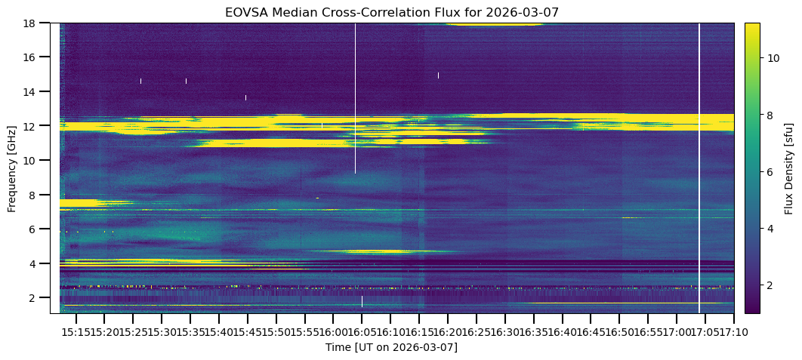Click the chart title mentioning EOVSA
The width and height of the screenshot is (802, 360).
[x=391, y=13]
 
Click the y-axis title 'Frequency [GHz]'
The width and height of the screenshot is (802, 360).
[x=13, y=168]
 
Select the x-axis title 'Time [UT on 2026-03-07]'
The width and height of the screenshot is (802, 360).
[x=391, y=347]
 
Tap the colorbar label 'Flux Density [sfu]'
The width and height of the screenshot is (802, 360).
[x=789, y=168]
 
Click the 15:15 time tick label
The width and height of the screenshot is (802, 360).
[x=76, y=331]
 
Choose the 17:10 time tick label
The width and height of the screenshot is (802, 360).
[x=733, y=331]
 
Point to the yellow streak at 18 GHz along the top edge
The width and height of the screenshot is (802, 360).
[x=495, y=25]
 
